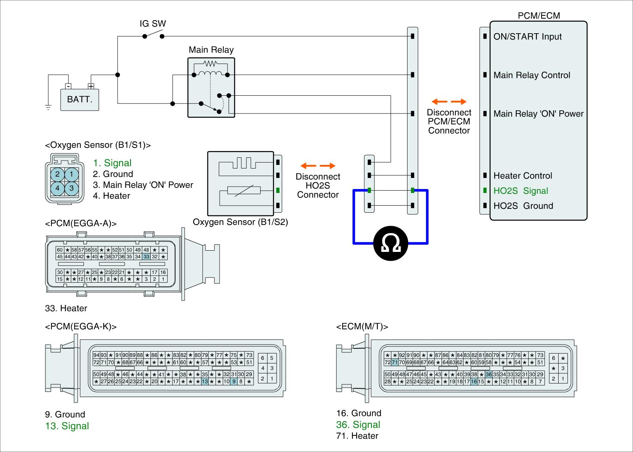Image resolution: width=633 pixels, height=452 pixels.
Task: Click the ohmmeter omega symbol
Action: click(390, 243)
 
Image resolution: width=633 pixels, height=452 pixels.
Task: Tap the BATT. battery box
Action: click(80, 100)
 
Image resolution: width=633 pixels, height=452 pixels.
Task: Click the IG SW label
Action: click(153, 23)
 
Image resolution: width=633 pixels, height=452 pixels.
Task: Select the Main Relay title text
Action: click(211, 50)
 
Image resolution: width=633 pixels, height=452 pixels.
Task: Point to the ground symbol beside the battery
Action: click(48, 107)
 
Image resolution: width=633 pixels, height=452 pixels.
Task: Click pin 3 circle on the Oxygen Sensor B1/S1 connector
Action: click(72, 188)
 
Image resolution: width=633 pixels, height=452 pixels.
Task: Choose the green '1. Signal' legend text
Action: click(112, 163)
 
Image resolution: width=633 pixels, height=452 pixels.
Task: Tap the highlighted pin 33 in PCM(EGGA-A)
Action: click(146, 257)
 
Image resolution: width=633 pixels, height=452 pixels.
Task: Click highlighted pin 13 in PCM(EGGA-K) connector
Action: click(205, 381)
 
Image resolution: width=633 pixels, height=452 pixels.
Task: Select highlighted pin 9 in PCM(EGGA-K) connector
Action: click(234, 381)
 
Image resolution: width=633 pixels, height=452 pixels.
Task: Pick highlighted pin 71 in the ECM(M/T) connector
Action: click(394, 362)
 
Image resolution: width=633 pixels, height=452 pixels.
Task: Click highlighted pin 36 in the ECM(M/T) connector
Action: click(489, 374)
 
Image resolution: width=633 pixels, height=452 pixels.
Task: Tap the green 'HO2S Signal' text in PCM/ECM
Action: click(521, 191)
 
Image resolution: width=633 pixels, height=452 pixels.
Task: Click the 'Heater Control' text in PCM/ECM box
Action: click(523, 176)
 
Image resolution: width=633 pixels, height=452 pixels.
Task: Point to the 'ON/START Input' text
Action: click(527, 37)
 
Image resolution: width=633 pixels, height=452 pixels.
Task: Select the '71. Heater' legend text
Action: click(357, 436)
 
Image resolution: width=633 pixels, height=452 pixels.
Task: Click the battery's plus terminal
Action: click(91, 86)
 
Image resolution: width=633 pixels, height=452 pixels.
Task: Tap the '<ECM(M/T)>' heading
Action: click(362, 327)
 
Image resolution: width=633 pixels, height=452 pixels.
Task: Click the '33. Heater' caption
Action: click(66, 308)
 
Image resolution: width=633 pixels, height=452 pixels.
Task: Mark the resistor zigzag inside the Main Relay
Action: click(210, 63)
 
